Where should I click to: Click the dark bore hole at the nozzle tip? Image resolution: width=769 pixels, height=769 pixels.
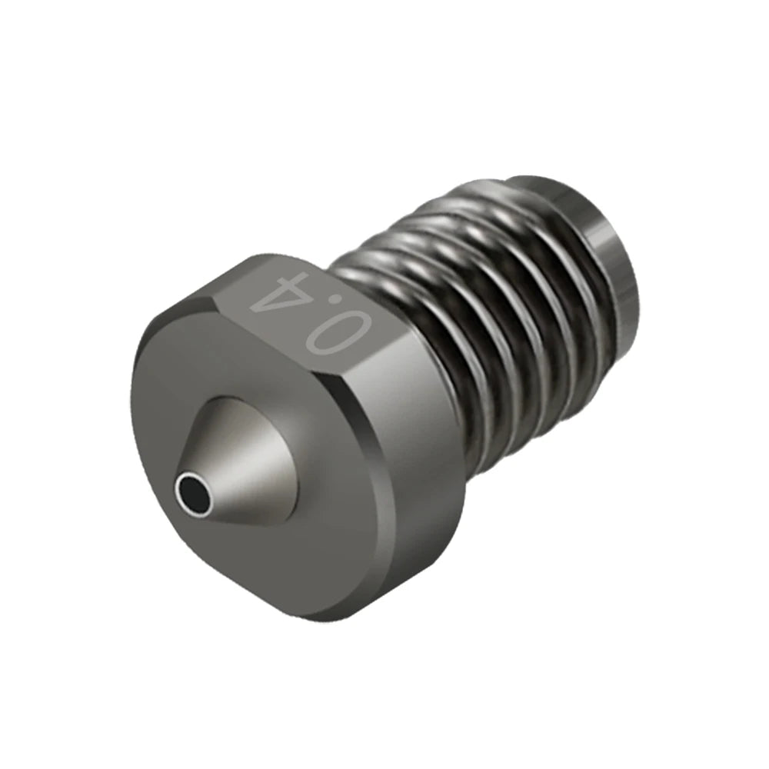coord(191,488)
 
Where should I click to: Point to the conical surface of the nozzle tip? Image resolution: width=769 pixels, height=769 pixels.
coord(238,454)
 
